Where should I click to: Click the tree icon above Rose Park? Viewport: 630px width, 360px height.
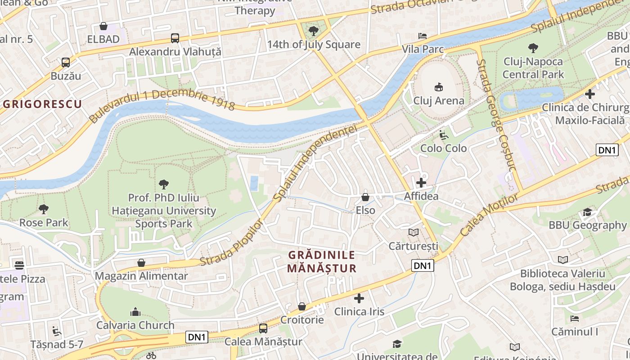click(44, 209)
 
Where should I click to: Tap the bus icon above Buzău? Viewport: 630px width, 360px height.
click(66, 63)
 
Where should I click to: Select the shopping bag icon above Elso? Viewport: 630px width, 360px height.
click(365, 197)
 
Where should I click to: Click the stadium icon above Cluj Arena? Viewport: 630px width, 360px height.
click(438, 87)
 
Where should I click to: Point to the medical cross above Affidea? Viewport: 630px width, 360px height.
click(421, 183)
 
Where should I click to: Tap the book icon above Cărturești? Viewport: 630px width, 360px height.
click(413, 232)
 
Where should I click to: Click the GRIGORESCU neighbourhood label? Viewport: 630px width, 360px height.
click(42, 104)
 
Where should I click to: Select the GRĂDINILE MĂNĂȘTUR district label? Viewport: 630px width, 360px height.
click(322, 262)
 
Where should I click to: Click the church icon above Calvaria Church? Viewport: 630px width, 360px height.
click(135, 312)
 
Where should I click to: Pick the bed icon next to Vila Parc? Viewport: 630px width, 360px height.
click(423, 36)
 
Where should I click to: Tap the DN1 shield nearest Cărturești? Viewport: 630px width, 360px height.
click(423, 266)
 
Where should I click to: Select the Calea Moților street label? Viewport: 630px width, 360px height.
click(489, 215)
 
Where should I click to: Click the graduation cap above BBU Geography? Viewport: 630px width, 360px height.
click(587, 212)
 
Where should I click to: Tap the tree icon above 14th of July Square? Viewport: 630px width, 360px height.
click(314, 31)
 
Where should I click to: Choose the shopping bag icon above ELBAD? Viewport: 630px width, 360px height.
click(103, 26)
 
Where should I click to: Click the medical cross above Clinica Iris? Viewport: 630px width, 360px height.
click(359, 298)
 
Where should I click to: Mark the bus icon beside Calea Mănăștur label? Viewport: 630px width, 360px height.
click(263, 328)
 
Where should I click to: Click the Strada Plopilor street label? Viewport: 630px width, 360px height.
click(230, 243)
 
